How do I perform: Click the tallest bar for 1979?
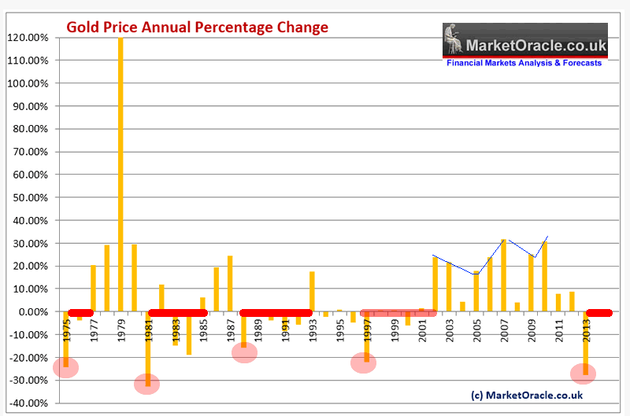120,173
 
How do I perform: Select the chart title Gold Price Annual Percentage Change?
197,28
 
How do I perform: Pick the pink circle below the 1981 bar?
147,384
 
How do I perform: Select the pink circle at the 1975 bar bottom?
66,367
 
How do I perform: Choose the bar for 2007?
503,275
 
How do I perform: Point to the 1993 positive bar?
312,292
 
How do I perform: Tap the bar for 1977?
93,289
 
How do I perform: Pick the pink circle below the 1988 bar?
244,352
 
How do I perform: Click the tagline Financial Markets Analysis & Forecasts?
524,63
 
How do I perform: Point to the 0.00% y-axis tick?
31,312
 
